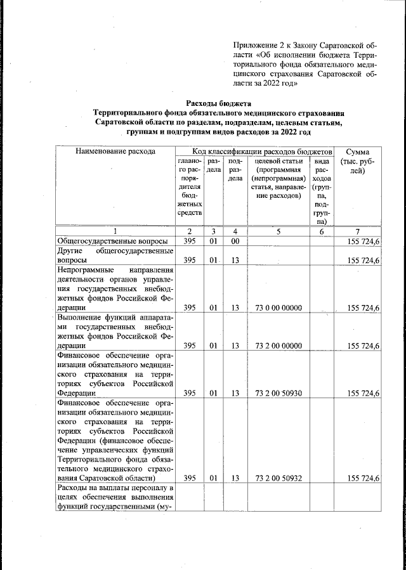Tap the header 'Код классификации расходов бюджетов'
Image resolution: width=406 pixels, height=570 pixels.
point(254,152)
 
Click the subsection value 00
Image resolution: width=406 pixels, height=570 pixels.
point(235,242)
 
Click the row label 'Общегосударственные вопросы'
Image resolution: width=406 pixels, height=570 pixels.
point(112,242)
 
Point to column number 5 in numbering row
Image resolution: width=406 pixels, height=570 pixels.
point(278,231)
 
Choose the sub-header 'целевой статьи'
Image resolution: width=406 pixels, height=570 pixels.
point(278,162)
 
